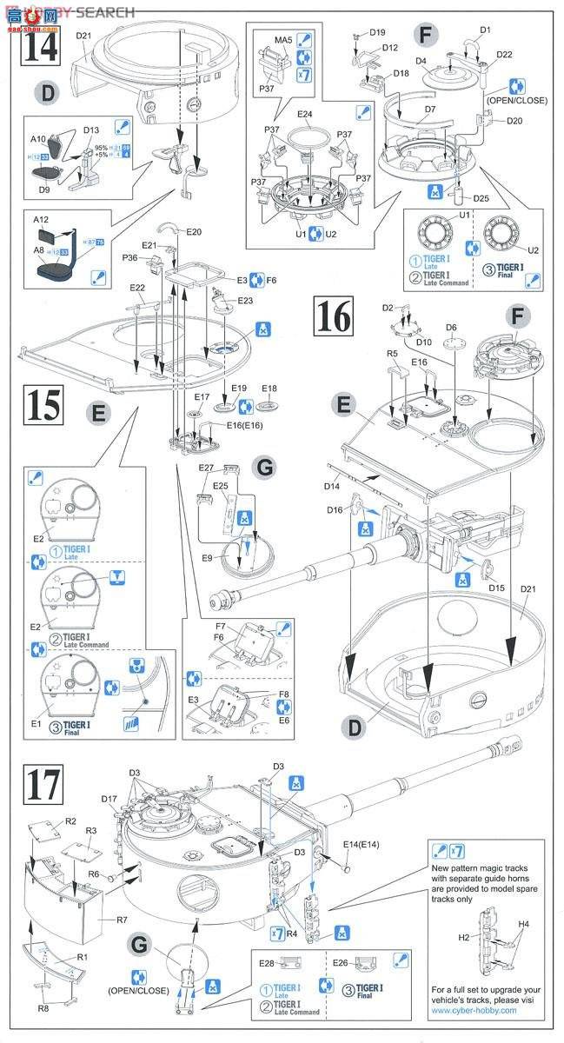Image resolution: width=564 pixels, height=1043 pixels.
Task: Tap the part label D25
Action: click(x=481, y=199)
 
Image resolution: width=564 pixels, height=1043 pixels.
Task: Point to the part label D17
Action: click(x=109, y=799)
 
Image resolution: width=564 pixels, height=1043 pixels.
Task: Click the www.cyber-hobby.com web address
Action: click(x=474, y=1010)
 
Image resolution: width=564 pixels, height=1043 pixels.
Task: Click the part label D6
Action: click(x=451, y=327)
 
